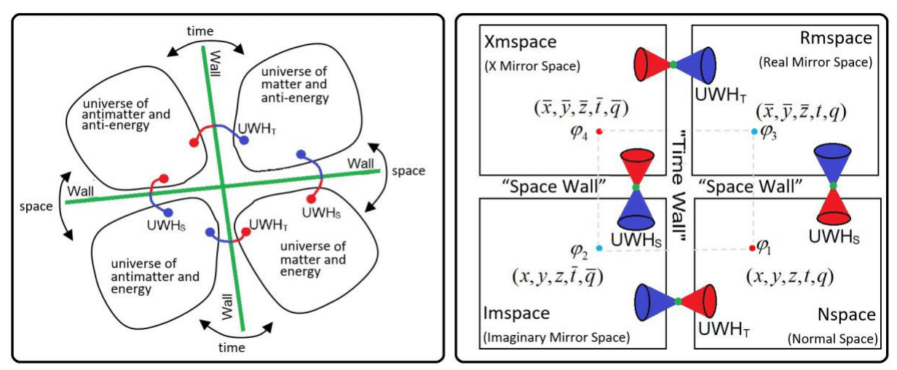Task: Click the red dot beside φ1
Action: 752,249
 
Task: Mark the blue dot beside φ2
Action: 598,249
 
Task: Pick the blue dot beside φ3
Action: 754,131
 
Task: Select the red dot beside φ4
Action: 598,131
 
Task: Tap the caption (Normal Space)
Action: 831,339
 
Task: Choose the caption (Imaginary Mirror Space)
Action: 556,338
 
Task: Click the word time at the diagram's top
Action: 199,31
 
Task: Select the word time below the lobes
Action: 232,347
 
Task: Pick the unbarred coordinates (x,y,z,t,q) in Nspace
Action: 789,277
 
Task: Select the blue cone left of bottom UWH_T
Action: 652,302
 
